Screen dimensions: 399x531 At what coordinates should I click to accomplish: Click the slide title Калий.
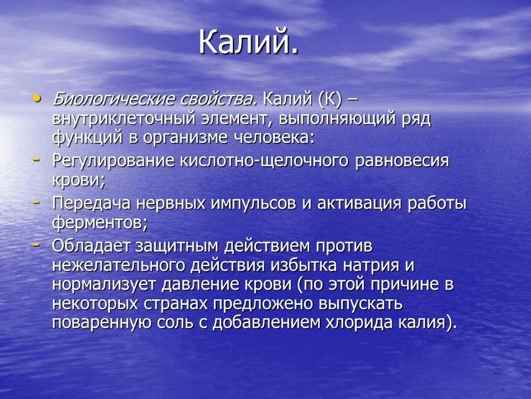point(246,42)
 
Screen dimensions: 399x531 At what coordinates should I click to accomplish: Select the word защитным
point(189,247)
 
